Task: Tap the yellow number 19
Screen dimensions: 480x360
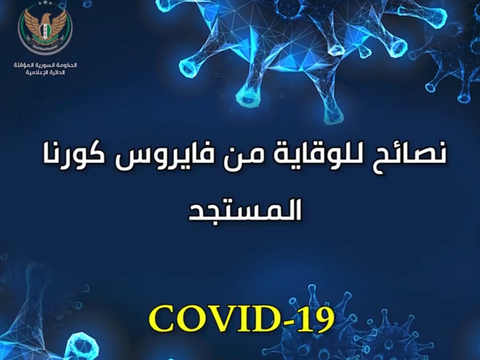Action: [x=315, y=319]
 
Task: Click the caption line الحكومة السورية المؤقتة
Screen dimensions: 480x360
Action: [x=45, y=65]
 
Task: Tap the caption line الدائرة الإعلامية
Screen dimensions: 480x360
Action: [x=45, y=73]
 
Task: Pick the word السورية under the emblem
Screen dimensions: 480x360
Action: [x=45, y=65]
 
